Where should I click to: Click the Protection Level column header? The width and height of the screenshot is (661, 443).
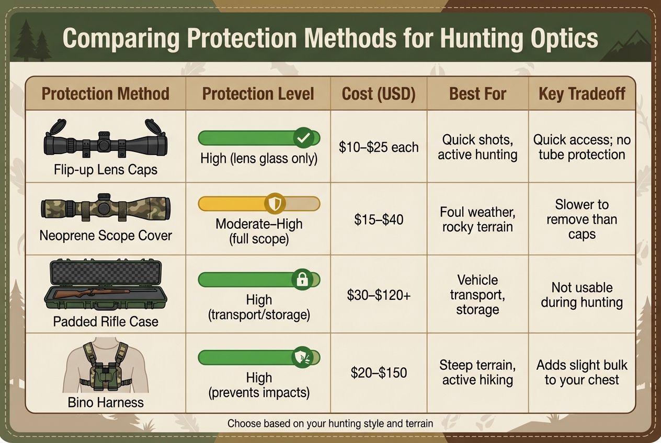[x=258, y=94]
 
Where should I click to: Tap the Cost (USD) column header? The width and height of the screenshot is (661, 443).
[x=378, y=94]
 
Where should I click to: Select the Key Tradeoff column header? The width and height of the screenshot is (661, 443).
[x=582, y=94]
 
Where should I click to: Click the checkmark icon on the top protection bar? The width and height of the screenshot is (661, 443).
[x=303, y=138]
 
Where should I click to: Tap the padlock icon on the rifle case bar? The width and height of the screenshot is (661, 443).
[x=302, y=280]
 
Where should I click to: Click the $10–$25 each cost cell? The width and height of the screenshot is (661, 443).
[x=378, y=147]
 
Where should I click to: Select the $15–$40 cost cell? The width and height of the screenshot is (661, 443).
[x=378, y=219]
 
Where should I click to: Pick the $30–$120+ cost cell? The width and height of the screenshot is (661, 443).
[x=378, y=295]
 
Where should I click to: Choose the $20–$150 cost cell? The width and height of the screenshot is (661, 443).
[x=378, y=372]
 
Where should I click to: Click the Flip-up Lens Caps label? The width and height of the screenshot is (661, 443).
[x=105, y=170]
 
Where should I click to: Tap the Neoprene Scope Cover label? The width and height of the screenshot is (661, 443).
[x=105, y=235]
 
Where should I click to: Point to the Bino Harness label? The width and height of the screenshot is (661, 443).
[x=105, y=402]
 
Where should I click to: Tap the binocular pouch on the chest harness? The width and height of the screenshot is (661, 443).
[x=106, y=377]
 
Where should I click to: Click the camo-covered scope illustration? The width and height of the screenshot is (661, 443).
[x=105, y=208]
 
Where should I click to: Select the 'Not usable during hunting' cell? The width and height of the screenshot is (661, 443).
[x=582, y=295]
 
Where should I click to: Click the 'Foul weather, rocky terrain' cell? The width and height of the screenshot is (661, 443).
[x=477, y=219]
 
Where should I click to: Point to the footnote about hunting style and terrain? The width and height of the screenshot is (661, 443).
[x=330, y=423]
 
